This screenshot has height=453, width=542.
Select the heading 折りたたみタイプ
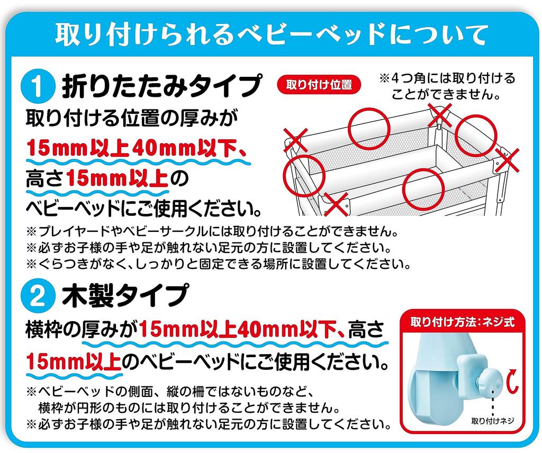[x=161, y=87]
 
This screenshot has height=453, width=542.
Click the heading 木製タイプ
[x=125, y=296]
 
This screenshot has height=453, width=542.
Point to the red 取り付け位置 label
[x=319, y=84]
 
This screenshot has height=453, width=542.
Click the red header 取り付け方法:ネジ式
[x=463, y=322]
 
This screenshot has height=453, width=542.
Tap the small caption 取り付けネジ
[x=493, y=422]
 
